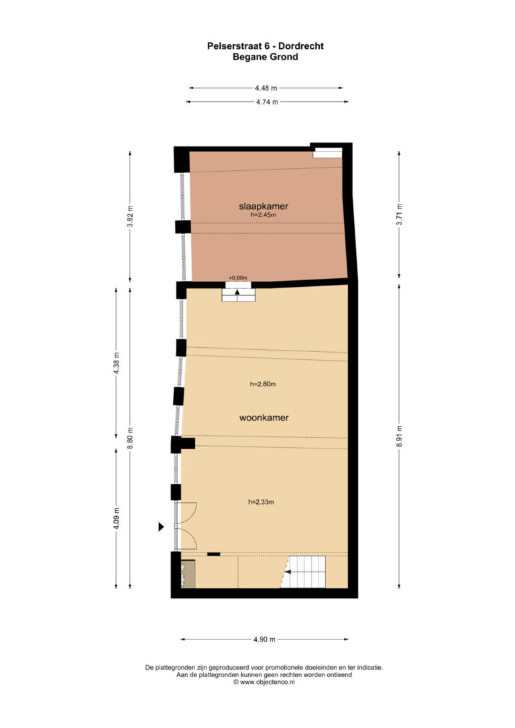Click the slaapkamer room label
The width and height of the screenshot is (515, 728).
point(264,206)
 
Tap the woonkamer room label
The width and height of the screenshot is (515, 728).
point(264,418)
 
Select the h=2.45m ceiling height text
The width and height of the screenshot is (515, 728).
point(264,215)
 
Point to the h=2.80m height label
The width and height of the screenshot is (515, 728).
point(263,384)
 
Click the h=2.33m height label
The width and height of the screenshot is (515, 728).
point(261,502)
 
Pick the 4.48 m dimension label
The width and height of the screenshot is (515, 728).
point(266,88)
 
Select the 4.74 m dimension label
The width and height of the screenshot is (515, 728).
point(267,102)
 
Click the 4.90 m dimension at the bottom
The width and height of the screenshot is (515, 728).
point(264,640)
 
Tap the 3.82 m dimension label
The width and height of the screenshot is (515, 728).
point(130,217)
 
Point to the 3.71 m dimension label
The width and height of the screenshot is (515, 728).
point(400,215)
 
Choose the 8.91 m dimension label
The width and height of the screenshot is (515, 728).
point(400,436)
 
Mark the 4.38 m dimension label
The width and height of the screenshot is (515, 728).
point(117,363)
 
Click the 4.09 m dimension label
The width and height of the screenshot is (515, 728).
point(117,518)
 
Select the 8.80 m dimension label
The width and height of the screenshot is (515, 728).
point(130,438)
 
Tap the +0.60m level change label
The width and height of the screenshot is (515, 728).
point(238,278)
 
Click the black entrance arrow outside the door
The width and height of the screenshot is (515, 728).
point(161,526)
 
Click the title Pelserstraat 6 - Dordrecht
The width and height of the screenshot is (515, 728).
point(265,46)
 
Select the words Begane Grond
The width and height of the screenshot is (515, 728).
point(265,57)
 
